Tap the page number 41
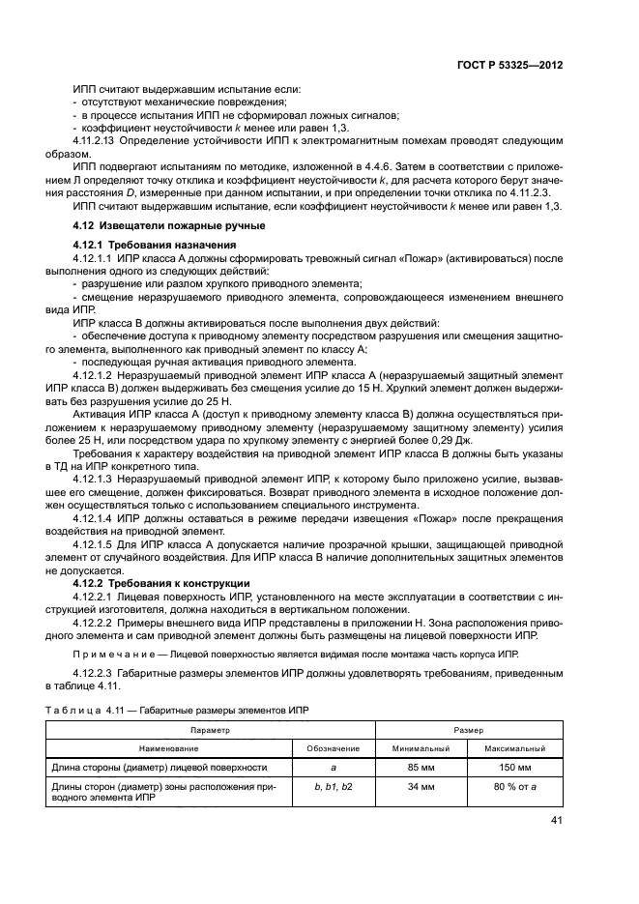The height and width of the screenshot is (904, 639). coord(556,822)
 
